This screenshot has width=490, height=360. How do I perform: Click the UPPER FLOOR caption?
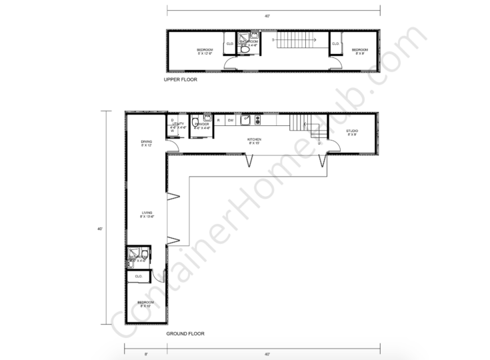coord(180,79)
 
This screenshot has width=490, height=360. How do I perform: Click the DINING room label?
coord(146,143)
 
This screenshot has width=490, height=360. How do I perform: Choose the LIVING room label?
coord(147,214)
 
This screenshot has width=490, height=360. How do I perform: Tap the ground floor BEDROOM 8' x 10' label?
coord(145,303)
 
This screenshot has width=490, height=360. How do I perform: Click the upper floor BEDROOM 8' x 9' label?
coord(360,49)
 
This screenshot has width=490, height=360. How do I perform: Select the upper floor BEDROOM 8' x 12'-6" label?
coord(205,51)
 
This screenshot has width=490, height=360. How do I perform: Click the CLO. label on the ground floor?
coord(139,275)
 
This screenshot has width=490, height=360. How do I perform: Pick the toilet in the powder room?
coord(196,122)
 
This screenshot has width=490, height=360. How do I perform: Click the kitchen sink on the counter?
coord(246,120)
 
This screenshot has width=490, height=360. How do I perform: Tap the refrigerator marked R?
coord(218,120)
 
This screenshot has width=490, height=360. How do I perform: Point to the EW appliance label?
coord(230,120)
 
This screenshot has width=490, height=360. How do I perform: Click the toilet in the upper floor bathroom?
coord(245,49)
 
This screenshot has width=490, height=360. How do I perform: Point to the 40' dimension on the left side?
coord(99,229)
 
